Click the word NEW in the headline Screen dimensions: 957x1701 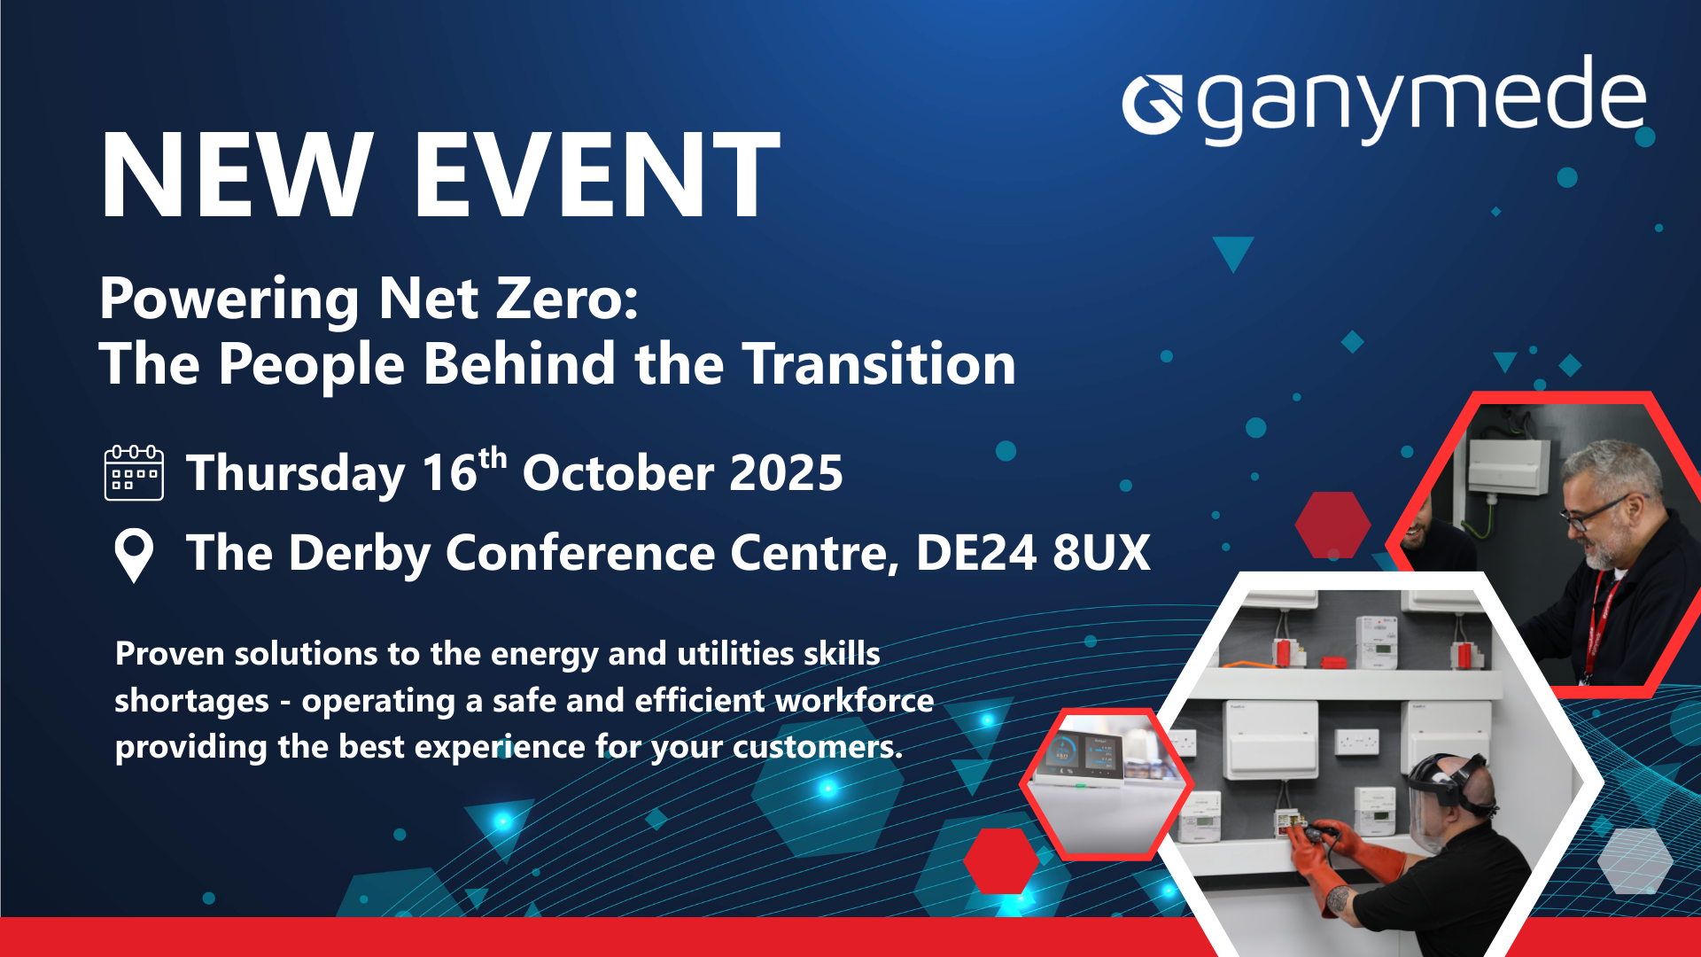tap(236, 175)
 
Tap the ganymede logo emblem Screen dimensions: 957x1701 tap(1152, 105)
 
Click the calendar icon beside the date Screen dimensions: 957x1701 tap(134, 473)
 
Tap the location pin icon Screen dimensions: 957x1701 tap(134, 555)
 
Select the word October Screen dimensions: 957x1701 tap(617, 473)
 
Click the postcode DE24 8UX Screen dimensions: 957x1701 tap(1032, 553)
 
